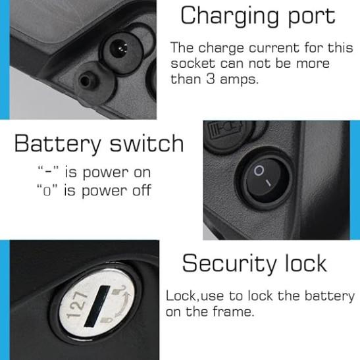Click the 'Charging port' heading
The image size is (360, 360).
258,16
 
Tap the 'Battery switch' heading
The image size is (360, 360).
99,144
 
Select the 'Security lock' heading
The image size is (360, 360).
254,264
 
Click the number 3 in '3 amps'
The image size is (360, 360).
211,79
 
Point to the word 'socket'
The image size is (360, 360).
193,64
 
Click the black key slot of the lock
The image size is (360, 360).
97,306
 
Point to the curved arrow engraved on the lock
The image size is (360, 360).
124,304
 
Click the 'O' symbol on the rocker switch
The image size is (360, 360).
259,171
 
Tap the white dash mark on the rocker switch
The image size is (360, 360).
268,183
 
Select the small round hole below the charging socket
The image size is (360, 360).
86,80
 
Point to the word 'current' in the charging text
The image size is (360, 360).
274,48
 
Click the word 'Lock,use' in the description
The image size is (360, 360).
194,296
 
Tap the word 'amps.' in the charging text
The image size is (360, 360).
239,80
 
